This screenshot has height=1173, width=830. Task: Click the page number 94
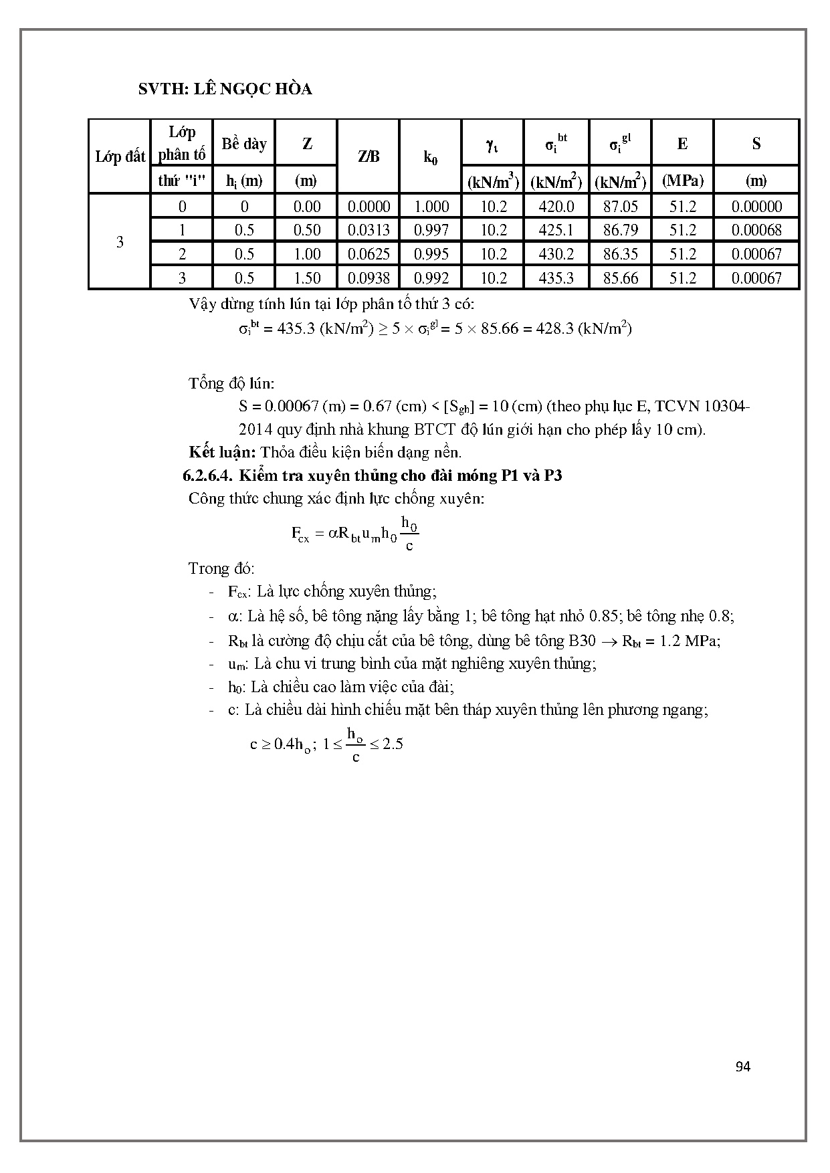pyautogui.click(x=742, y=1067)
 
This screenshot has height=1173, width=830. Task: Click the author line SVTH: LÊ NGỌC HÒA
pyautogui.click(x=225, y=89)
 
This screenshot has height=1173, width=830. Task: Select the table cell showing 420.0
pyautogui.click(x=556, y=207)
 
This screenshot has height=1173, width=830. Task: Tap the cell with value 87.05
pyautogui.click(x=620, y=207)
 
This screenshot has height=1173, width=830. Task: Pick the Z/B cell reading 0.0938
pyautogui.click(x=369, y=278)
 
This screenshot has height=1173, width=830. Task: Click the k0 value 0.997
pyautogui.click(x=431, y=230)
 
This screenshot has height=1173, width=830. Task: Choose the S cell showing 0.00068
pyautogui.click(x=756, y=230)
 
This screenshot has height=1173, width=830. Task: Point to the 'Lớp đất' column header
pyautogui.click(x=120, y=157)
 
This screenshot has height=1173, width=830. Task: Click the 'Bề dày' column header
pyautogui.click(x=244, y=144)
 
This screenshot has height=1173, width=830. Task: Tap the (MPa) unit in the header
pyautogui.click(x=682, y=181)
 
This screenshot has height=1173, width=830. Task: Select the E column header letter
pyautogui.click(x=682, y=144)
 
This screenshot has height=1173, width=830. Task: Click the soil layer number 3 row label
pyautogui.click(x=120, y=241)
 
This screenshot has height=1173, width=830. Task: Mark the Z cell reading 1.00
pyautogui.click(x=307, y=254)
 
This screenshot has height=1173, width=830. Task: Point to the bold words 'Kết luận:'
pyautogui.click(x=222, y=452)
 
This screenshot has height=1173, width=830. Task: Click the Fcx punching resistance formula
pyautogui.click(x=354, y=533)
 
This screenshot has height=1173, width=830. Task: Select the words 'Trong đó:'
pyautogui.click(x=221, y=568)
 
